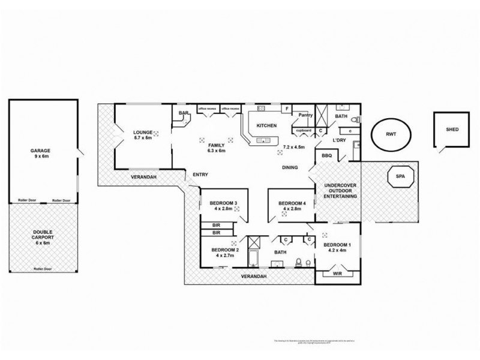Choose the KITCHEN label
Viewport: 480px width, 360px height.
coord(266,125)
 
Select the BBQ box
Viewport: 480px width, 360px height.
coord(327,156)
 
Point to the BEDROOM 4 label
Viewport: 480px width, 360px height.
coord(293,204)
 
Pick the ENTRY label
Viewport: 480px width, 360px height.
coord(200,175)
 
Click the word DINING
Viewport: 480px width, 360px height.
coord(290,167)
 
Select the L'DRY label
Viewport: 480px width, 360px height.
coord(341,140)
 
